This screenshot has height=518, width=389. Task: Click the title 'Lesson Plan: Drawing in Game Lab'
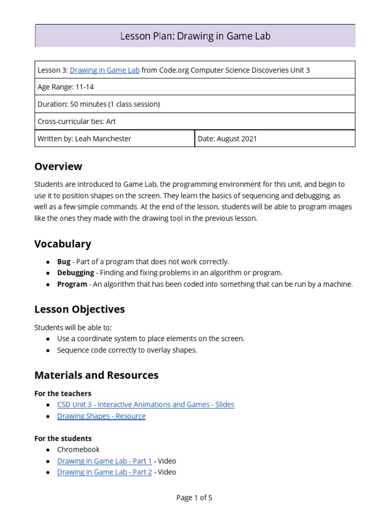[194, 36]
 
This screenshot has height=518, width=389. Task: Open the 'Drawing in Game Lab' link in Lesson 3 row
[104, 70]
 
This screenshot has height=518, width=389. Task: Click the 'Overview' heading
[58, 166]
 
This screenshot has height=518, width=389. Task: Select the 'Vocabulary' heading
[63, 244]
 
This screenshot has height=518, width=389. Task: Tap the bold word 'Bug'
[64, 262]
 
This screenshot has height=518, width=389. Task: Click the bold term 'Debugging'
[75, 273]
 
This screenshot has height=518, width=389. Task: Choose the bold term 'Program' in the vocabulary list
[72, 284]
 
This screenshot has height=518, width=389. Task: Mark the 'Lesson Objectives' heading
[80, 309]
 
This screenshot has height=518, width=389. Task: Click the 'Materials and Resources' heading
[96, 375]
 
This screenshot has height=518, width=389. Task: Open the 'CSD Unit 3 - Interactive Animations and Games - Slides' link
[146, 405]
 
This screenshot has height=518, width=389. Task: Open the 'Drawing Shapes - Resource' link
[101, 416]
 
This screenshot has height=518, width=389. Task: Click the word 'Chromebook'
[79, 449]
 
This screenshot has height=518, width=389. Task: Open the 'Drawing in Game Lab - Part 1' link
[104, 461]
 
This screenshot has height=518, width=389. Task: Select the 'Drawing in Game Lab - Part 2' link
[104, 472]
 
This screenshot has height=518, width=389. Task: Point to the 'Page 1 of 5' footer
[194, 498]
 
